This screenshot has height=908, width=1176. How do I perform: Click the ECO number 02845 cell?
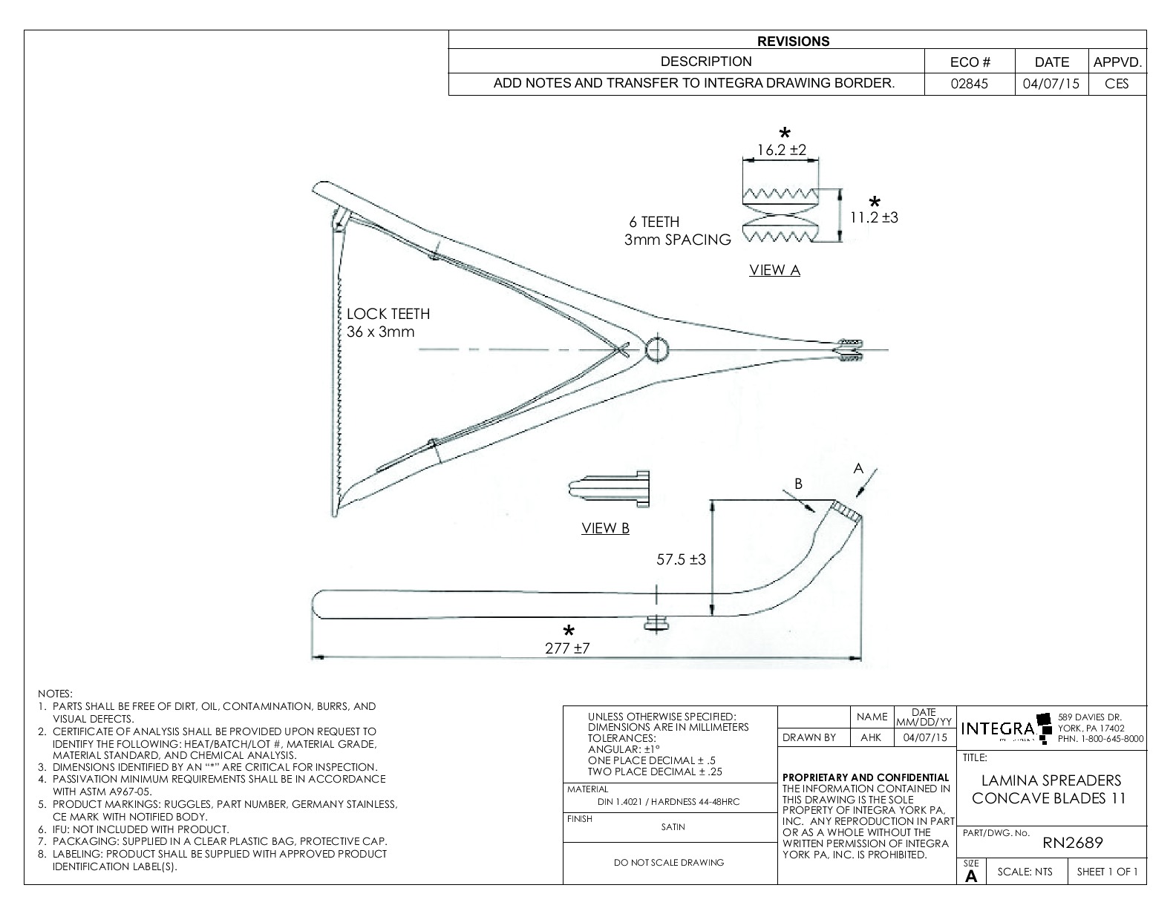(x=970, y=84)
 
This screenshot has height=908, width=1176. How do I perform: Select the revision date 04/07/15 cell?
(x=1051, y=84)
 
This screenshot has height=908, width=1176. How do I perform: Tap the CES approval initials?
(x=1117, y=84)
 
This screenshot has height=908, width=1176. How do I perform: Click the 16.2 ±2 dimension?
(x=781, y=150)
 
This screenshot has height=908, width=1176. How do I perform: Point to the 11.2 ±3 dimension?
(x=874, y=217)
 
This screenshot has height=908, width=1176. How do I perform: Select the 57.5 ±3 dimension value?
(x=681, y=559)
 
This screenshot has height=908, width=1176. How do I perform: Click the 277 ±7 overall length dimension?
(x=568, y=648)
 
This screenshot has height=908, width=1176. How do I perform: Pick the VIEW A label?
(x=774, y=270)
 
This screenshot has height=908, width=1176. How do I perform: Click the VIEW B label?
(x=605, y=528)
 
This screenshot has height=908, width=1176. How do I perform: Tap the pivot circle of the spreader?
(x=658, y=349)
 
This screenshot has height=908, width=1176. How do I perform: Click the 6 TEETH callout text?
(x=654, y=222)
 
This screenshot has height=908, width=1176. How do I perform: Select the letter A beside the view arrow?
(x=858, y=468)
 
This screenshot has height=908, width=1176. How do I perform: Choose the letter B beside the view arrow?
(x=798, y=484)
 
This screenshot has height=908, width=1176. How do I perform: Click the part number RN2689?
(x=1073, y=843)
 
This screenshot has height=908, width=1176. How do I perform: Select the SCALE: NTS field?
(x=1025, y=872)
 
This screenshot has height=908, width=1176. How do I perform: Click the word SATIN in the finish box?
(x=673, y=826)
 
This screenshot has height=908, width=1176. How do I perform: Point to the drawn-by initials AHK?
(x=871, y=737)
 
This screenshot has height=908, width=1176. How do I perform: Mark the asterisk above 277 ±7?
(x=568, y=631)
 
